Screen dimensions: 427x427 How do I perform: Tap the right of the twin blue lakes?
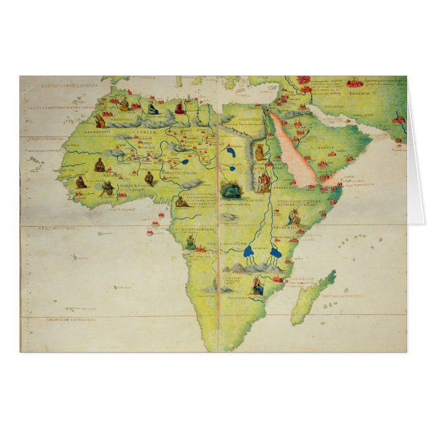tap(274, 252)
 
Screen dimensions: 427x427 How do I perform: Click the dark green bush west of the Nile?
tap(230, 191)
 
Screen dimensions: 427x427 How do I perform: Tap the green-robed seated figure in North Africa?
tap(152, 108)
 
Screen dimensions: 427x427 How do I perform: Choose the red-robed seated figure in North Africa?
tap(124, 105)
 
